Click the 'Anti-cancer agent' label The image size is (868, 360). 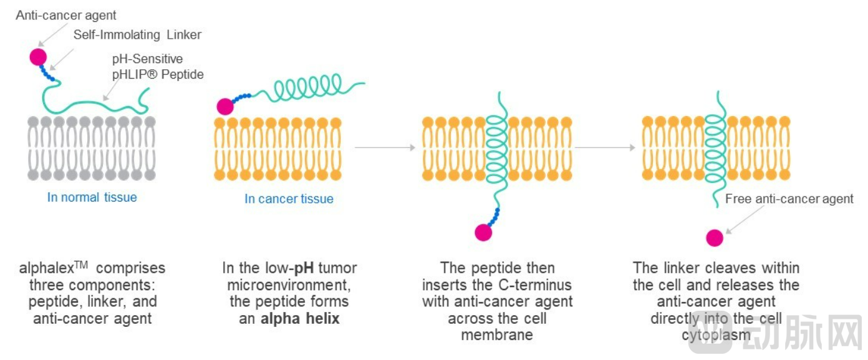(x=66, y=15)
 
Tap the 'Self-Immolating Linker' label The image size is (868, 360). (x=137, y=35)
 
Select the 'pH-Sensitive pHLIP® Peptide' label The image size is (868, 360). (x=157, y=67)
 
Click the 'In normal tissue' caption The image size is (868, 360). (x=92, y=197)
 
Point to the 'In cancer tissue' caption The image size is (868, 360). (x=289, y=199)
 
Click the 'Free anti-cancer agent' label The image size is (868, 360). (x=789, y=199)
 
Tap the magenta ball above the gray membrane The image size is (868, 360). (x=38, y=57)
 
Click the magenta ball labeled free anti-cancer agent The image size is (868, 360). (x=715, y=238)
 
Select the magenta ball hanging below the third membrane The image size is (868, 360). (x=483, y=233)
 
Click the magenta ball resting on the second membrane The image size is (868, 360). (x=225, y=107)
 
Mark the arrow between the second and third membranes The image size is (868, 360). (x=384, y=148)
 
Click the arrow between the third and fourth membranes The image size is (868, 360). (x=605, y=148)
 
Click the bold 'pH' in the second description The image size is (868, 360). (x=304, y=268)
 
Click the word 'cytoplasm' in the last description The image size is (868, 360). (x=716, y=336)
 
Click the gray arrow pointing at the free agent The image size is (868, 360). (x=745, y=220)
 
